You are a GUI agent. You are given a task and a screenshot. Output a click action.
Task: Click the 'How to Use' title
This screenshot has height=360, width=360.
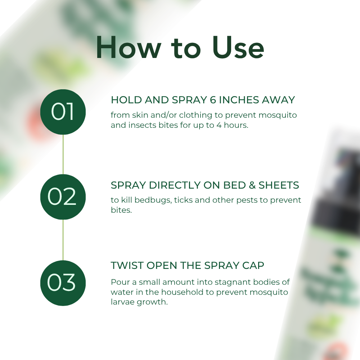(x=180, y=48)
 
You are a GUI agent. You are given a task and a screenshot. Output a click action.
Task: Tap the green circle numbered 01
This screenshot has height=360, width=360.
(x=63, y=112)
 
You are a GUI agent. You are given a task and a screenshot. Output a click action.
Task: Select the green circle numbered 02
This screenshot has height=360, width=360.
(x=63, y=197)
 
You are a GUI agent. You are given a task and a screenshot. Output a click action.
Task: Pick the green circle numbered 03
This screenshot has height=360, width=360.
(x=63, y=283)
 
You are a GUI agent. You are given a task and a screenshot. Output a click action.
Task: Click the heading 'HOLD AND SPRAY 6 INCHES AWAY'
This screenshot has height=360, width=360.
(x=203, y=100)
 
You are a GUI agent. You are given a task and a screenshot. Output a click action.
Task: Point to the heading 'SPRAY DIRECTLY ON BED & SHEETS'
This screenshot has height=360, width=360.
(x=205, y=185)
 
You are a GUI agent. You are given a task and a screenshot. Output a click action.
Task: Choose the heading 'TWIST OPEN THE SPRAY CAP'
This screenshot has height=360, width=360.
(x=187, y=266)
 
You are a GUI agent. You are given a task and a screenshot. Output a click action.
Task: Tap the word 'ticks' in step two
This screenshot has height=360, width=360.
(x=184, y=200)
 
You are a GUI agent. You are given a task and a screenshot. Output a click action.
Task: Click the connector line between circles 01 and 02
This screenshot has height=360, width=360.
(x=63, y=155)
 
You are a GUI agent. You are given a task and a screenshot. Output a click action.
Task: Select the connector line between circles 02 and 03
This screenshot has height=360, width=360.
(x=63, y=240)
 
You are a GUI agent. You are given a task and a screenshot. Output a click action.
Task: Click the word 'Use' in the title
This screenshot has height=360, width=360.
(x=238, y=48)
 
